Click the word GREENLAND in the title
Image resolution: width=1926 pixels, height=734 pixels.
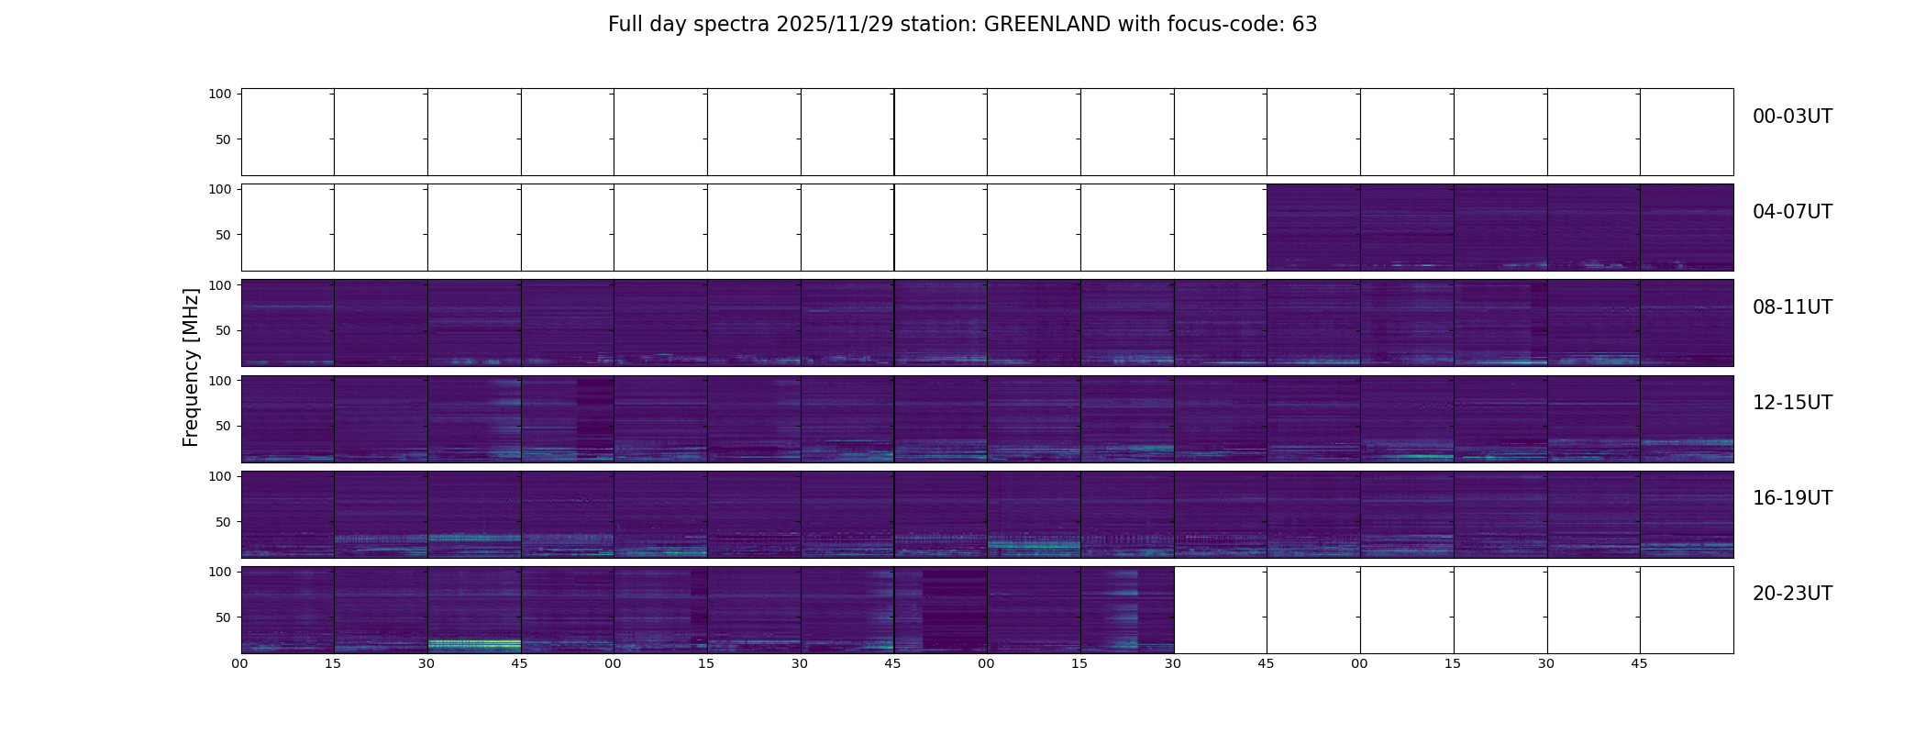[x=1047, y=25]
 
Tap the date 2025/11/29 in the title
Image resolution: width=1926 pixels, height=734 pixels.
[x=835, y=25]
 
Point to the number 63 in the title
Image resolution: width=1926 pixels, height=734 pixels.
[x=1304, y=25]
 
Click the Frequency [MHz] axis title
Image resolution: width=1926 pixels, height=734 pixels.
[x=191, y=368]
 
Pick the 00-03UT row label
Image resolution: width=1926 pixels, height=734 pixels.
[x=1792, y=117]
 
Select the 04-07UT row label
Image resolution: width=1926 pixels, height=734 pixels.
[x=1792, y=212]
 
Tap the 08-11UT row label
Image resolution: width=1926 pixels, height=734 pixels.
[x=1792, y=307]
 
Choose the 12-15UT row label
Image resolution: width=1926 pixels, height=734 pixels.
[x=1792, y=403]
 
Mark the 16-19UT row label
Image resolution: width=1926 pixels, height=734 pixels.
[x=1792, y=498]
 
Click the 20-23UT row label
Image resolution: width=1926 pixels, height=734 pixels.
[x=1792, y=594]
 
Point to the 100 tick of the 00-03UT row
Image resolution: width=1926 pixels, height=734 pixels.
[x=220, y=94]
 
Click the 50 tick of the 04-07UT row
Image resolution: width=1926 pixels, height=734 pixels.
[x=224, y=235]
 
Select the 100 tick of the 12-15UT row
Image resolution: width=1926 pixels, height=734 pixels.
[x=220, y=380]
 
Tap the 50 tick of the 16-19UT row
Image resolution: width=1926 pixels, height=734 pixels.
[x=224, y=521]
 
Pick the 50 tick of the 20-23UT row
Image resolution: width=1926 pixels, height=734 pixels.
[x=224, y=617]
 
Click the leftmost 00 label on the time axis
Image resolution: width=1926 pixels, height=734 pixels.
[x=240, y=663]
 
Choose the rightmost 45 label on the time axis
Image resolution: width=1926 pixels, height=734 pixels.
[x=1640, y=663]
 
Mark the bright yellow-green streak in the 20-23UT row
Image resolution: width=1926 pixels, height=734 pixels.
[x=474, y=642]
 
